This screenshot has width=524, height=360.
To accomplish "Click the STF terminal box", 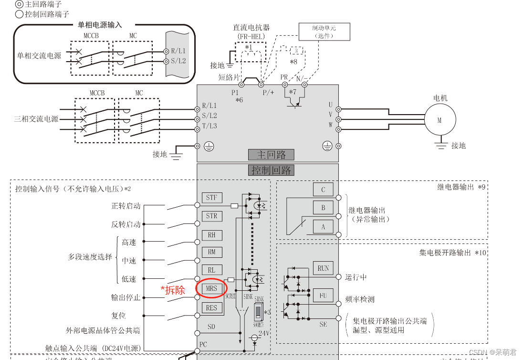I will tap(211, 198).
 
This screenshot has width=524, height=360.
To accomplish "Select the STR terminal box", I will tap(211, 216).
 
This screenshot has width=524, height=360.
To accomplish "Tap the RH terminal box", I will tap(211, 235).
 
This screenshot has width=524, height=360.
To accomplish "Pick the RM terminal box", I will tap(211, 252).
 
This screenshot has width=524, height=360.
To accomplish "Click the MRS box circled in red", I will tap(211, 288).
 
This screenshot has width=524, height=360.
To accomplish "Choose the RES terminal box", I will tap(211, 308).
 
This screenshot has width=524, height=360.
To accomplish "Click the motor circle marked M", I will tap(440, 120).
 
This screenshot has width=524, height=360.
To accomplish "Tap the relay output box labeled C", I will tap(323, 190).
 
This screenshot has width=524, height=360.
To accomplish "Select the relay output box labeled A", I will tap(323, 226).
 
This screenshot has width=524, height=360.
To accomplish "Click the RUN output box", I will tap(323, 268).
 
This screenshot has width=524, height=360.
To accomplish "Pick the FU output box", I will tap(323, 296).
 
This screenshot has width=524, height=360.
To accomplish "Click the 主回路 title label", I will tap(271, 155).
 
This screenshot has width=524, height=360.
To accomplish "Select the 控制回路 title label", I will tap(271, 170).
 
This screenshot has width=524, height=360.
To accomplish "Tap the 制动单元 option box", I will tap(324, 32).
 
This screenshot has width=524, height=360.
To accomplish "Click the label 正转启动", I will tap(126, 206).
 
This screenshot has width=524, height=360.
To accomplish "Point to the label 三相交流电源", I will tap(36, 119).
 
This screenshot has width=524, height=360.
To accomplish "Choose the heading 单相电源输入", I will tap(100, 25).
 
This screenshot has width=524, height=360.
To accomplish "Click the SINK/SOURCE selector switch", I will tap(258, 312).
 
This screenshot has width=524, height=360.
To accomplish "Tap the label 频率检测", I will tap(360, 299).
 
